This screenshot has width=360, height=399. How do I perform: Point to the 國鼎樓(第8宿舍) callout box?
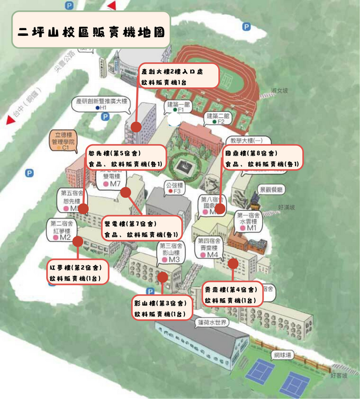[261, 158]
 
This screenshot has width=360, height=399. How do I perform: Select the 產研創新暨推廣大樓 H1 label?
[103, 103]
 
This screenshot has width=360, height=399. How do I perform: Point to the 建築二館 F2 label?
[217, 118]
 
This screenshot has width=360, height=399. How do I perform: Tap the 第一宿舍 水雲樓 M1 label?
[248, 222]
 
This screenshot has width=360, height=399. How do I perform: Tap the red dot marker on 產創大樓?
[136, 126]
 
